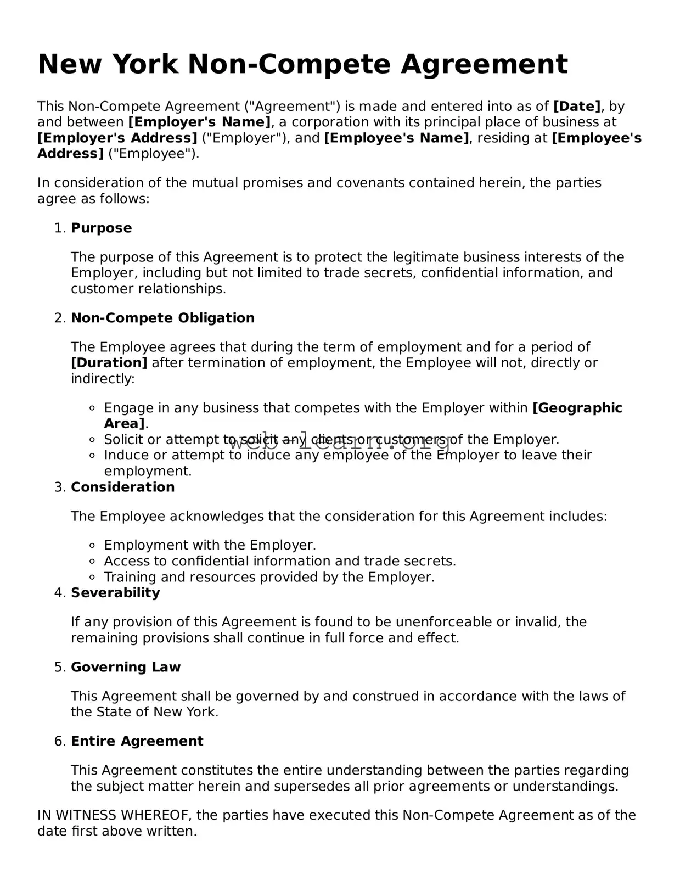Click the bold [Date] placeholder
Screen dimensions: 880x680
tap(577, 107)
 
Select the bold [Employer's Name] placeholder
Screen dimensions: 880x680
tap(199, 122)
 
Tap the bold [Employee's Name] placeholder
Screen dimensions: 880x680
tap(397, 138)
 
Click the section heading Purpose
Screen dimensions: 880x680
tap(101, 228)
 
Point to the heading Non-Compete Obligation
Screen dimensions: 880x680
tap(162, 318)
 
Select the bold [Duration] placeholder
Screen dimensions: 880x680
tap(109, 363)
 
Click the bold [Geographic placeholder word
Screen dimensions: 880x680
tap(577, 408)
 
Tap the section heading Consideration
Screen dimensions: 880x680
tap(122, 487)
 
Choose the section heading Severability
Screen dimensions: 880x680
tap(115, 593)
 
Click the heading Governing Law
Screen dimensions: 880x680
tap(125, 667)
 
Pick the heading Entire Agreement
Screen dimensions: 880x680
tap(137, 741)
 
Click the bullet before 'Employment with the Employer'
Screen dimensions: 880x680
tap(92, 546)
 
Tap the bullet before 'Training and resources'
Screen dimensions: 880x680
tap(92, 578)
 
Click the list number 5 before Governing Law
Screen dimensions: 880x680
tap(59, 667)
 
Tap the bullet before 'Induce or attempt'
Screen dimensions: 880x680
tap(92, 456)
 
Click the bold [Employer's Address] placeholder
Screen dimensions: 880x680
tap(117, 138)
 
